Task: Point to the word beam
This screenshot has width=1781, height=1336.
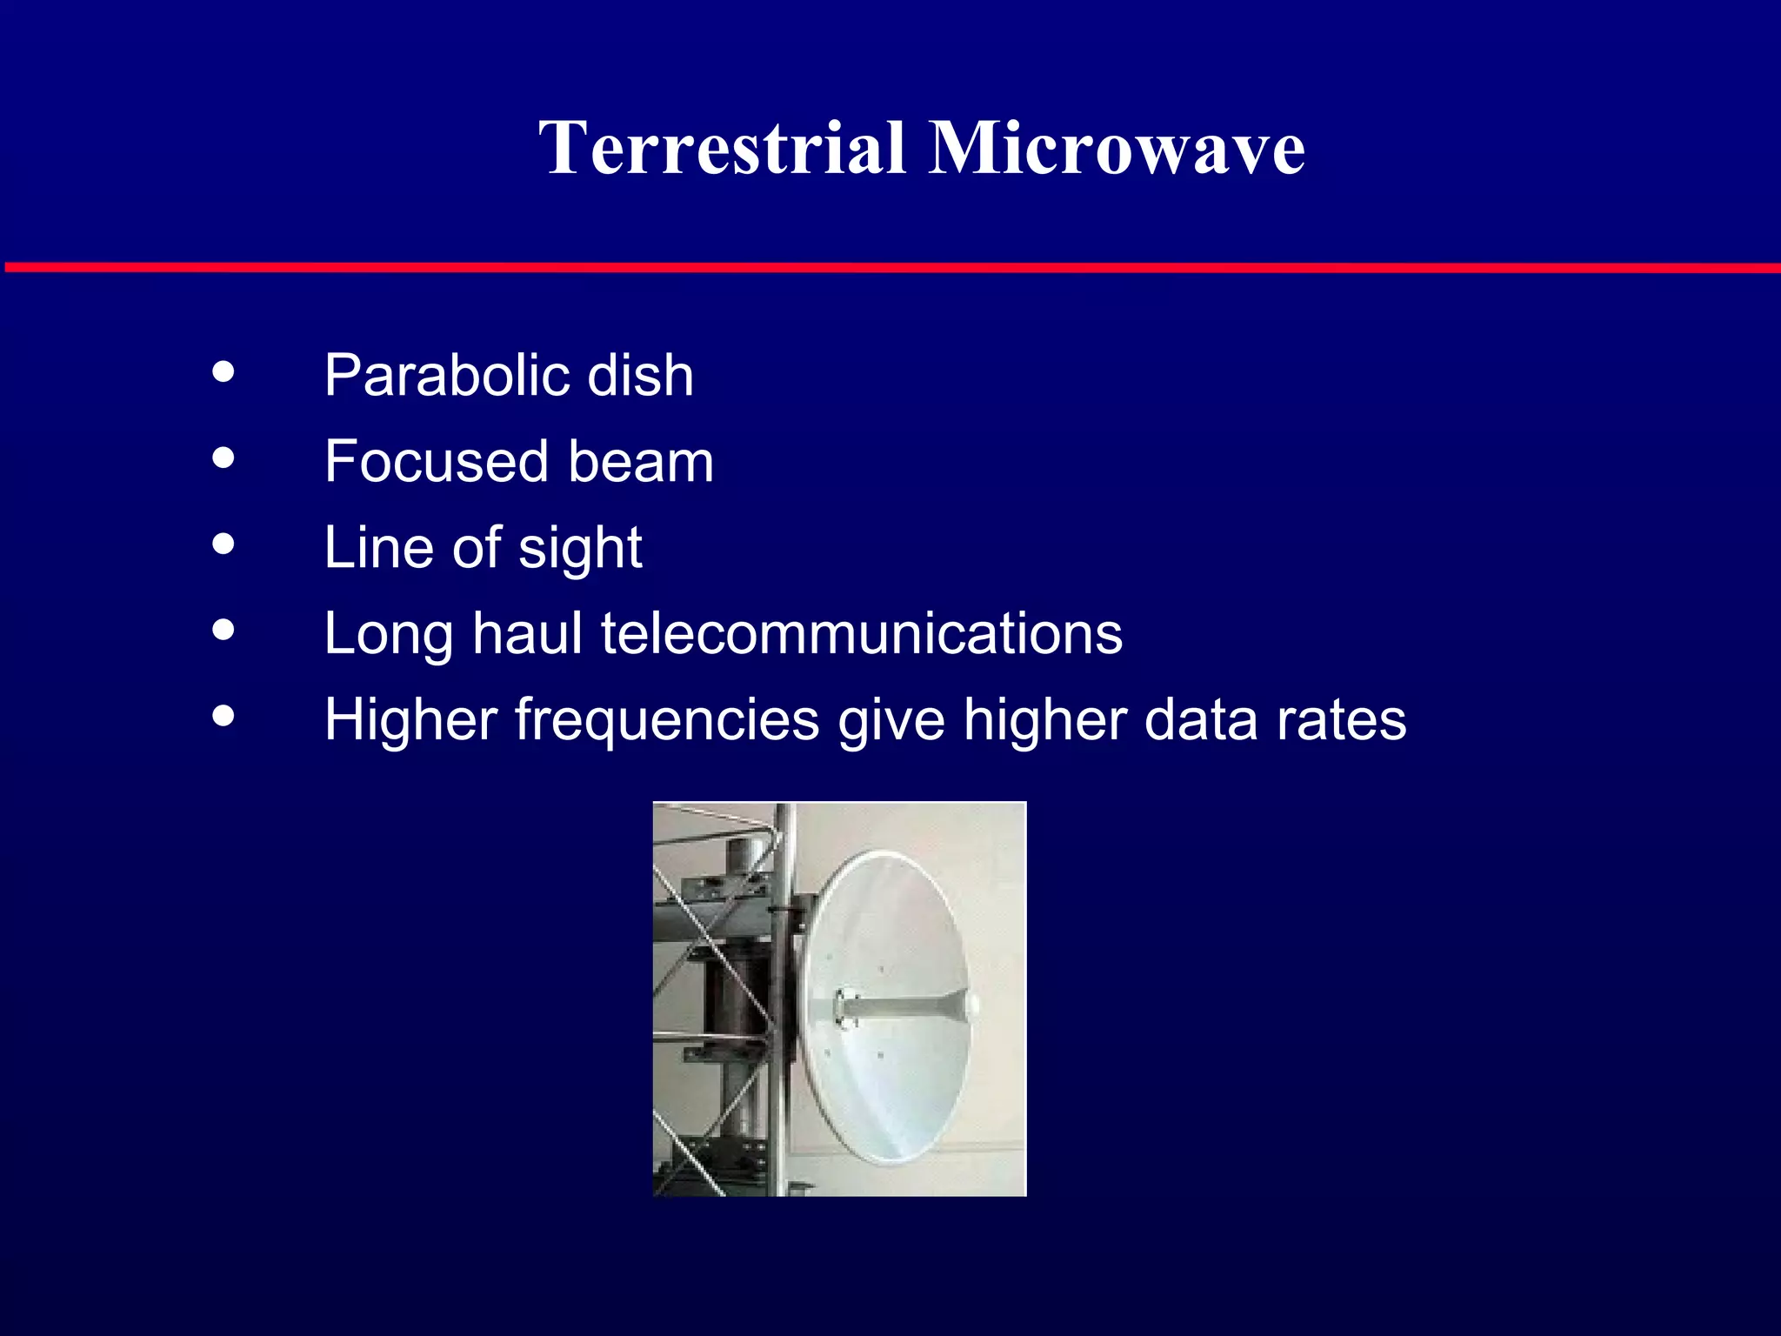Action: [641, 461]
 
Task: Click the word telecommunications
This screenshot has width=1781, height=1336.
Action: [862, 633]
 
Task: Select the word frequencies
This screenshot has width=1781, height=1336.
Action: [667, 721]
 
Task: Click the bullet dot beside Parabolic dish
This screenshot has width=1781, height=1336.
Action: [223, 372]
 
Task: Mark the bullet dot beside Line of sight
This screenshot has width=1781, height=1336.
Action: [223, 544]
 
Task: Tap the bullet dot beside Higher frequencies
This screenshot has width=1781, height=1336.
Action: [223, 716]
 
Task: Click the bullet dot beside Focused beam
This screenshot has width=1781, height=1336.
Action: [223, 458]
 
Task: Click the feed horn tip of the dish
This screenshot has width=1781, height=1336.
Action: [971, 1006]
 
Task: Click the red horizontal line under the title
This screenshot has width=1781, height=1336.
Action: [890, 267]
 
